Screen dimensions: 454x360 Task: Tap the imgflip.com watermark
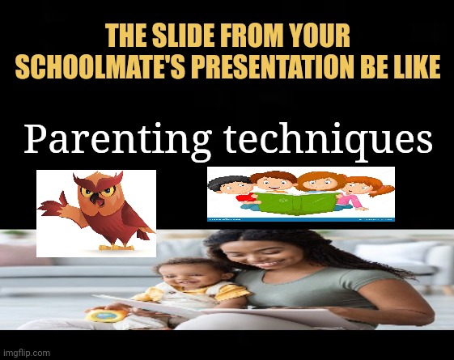tap(27, 353)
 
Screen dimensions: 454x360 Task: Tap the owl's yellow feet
tap(116, 248)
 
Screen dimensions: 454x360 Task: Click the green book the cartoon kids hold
tap(297, 202)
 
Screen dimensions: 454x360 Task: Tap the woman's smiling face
tap(255, 255)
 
